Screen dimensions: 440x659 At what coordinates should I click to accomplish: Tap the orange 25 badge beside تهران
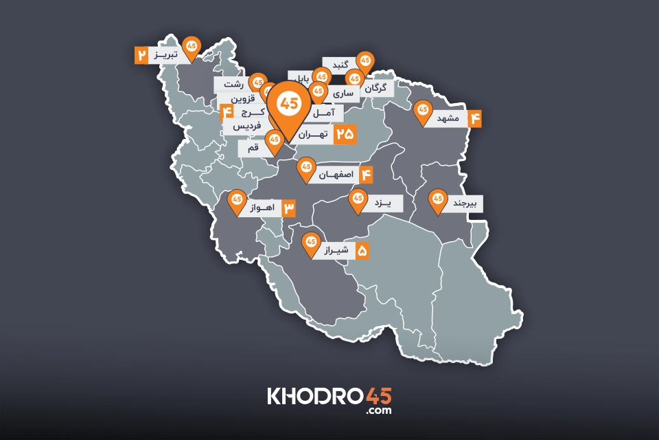[345, 135]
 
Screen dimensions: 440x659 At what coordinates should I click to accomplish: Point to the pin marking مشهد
[422, 110]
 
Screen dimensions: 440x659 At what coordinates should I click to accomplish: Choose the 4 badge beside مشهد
[475, 118]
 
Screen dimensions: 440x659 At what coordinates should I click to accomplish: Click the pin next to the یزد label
[358, 199]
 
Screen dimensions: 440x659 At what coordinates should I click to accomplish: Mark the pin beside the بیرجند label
[437, 199]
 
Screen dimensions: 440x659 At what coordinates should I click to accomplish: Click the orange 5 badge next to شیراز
[362, 251]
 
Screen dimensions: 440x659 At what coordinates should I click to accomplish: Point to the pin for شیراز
[310, 242]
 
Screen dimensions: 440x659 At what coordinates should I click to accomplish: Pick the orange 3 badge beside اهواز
[288, 207]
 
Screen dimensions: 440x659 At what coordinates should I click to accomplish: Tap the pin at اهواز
[237, 199]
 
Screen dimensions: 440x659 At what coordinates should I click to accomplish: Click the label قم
[252, 148]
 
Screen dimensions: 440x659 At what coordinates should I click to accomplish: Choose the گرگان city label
[377, 88]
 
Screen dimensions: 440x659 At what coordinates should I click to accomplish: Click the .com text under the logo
[379, 410]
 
